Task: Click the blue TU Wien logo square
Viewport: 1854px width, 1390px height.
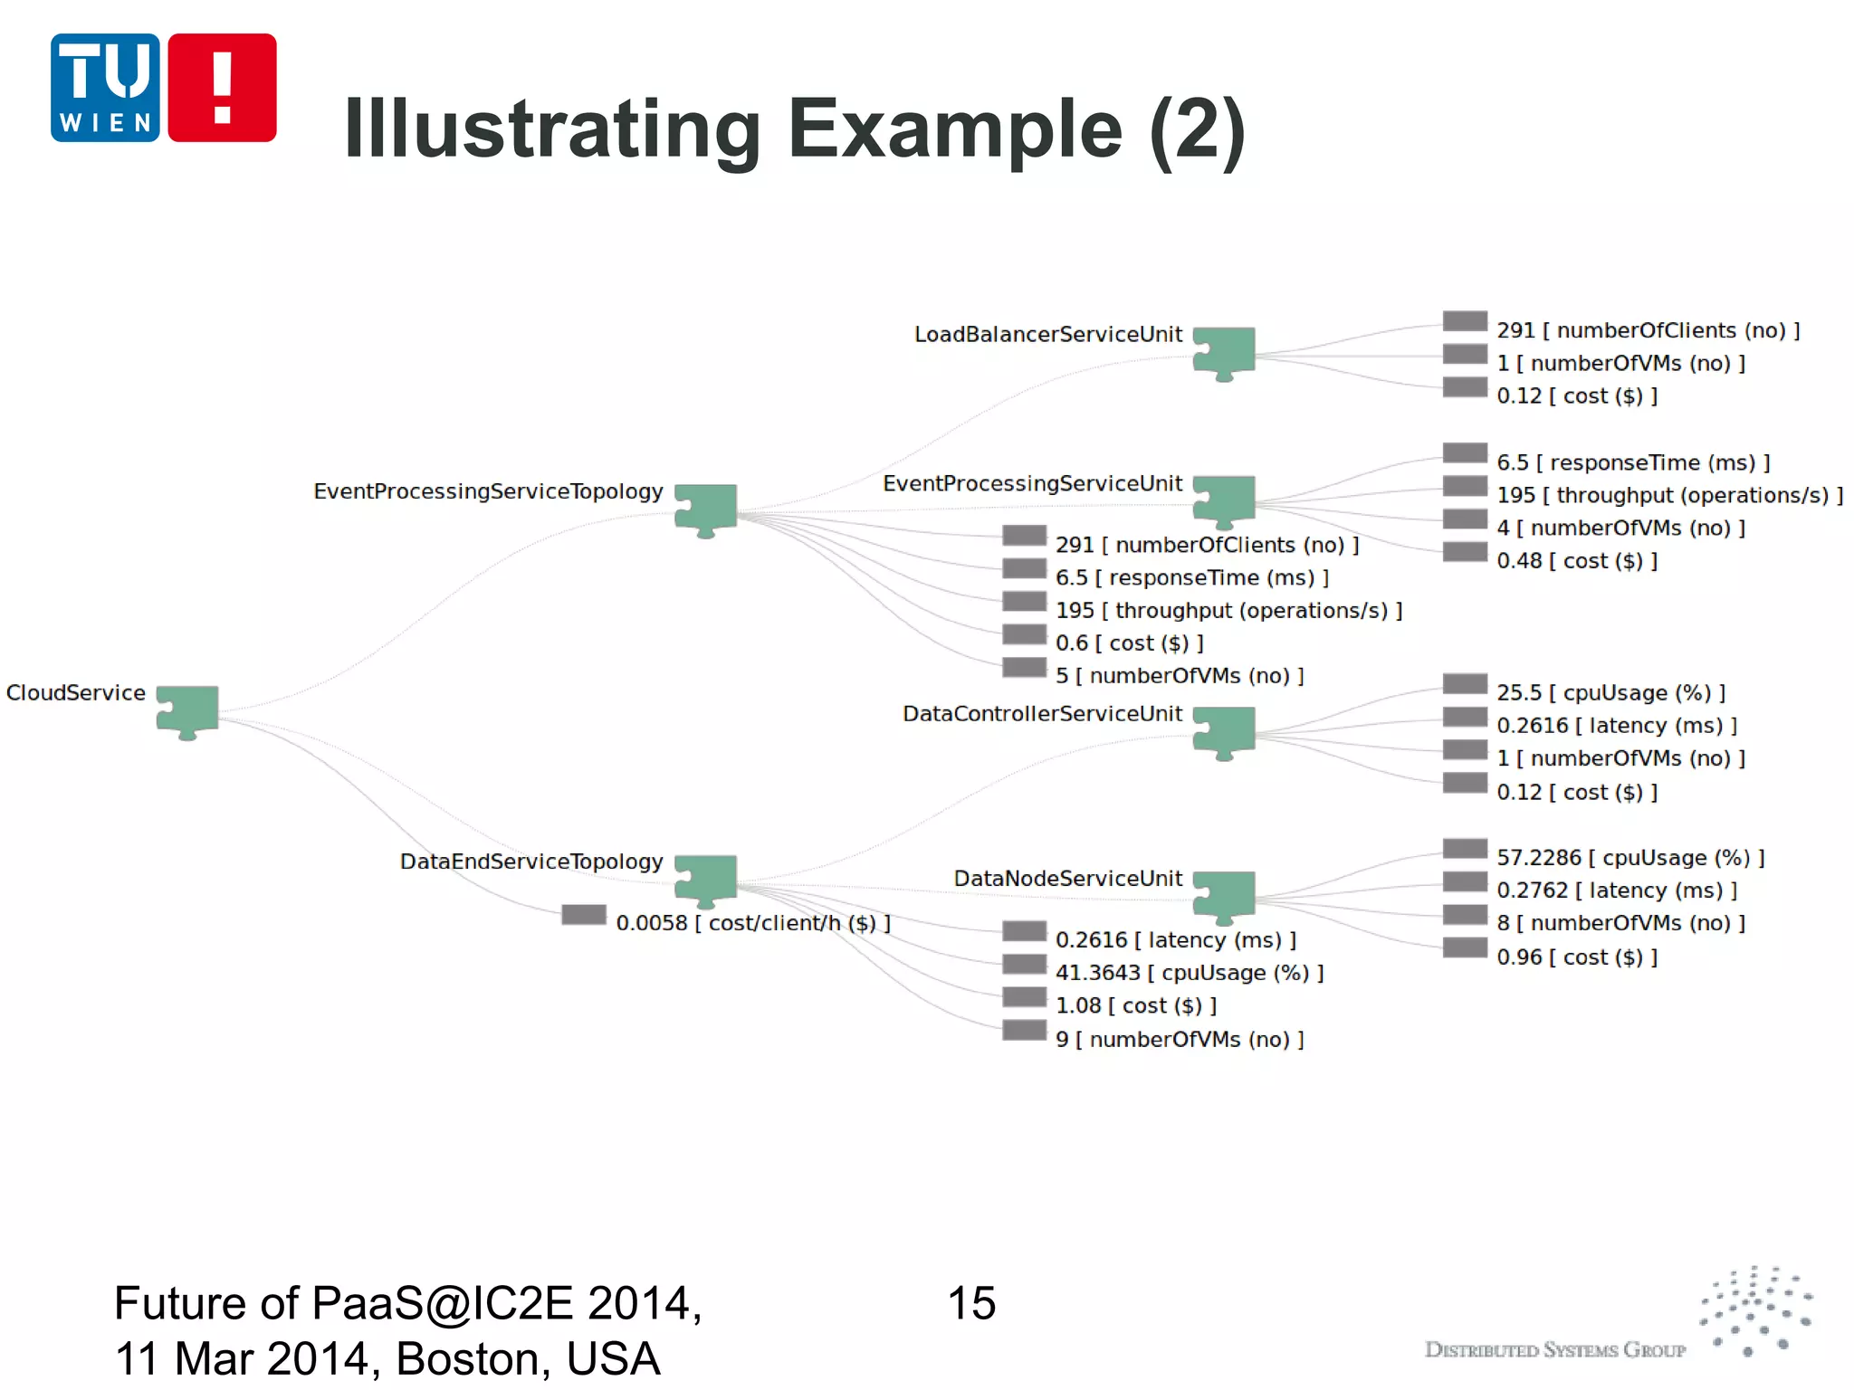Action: click(x=105, y=88)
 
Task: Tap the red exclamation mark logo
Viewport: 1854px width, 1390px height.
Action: click(x=222, y=88)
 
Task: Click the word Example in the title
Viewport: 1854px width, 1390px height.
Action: click(x=955, y=129)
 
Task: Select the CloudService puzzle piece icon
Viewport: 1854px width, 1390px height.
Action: click(x=187, y=711)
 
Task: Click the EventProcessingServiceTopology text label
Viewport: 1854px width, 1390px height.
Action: click(x=488, y=491)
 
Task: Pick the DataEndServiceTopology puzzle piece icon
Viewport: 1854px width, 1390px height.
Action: click(x=706, y=880)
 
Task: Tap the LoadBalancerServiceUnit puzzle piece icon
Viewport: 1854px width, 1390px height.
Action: click(x=1224, y=353)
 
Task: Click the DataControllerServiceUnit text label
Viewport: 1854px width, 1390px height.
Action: click(x=1042, y=714)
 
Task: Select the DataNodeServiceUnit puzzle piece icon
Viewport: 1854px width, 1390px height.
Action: click(x=1224, y=896)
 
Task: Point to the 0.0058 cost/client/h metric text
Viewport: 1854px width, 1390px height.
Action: click(x=753, y=923)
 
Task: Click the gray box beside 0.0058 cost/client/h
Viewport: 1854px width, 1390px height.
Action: click(x=584, y=915)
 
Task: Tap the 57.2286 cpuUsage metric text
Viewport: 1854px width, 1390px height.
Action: click(x=1630, y=858)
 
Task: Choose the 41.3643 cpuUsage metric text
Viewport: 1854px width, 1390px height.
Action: click(x=1189, y=973)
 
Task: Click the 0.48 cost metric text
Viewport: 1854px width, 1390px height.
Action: click(x=1576, y=561)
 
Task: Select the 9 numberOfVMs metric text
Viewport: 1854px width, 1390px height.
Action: click(x=1179, y=1039)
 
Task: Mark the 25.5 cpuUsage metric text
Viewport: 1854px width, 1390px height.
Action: click(x=1610, y=693)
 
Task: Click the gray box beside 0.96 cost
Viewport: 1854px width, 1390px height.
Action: click(x=1465, y=948)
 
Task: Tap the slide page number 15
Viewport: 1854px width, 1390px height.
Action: click(x=971, y=1304)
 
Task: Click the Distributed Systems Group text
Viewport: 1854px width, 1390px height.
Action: click(x=1554, y=1350)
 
